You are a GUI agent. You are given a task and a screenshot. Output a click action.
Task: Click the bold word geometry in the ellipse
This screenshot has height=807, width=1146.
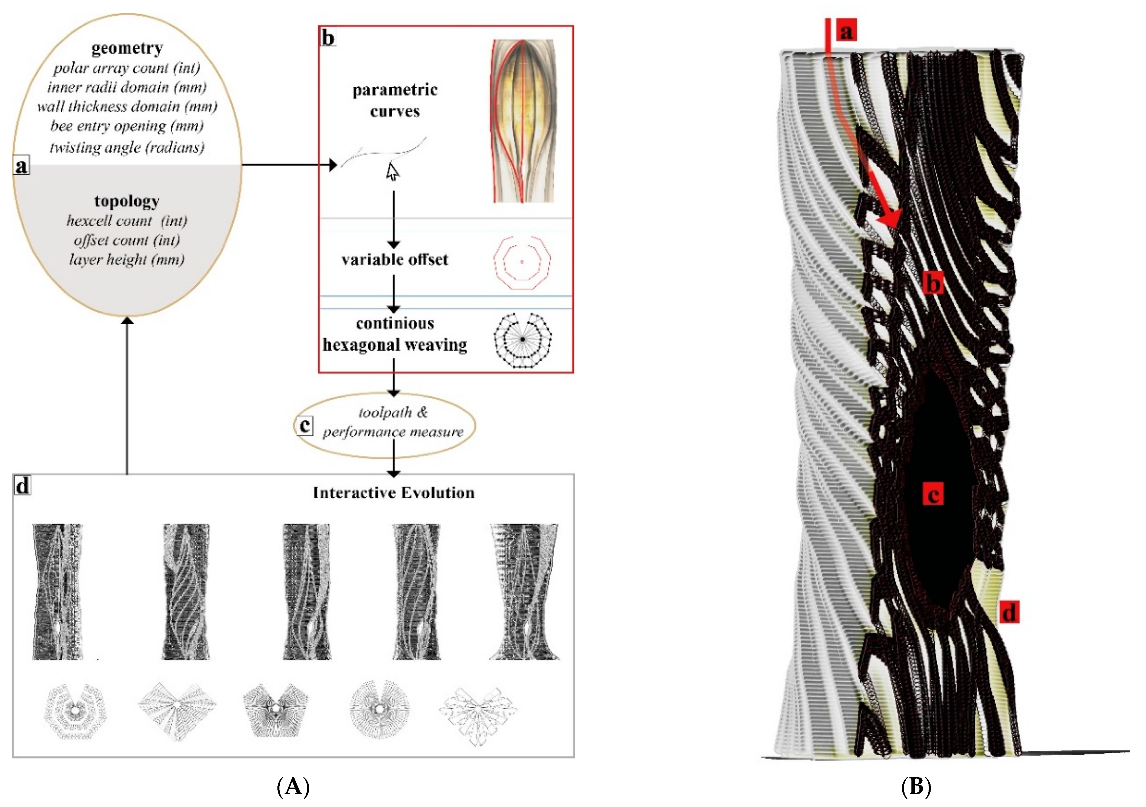pos(127,48)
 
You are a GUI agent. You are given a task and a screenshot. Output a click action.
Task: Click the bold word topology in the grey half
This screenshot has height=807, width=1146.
pos(127,201)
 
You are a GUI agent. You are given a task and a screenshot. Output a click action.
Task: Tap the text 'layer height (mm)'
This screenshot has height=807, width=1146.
pos(127,259)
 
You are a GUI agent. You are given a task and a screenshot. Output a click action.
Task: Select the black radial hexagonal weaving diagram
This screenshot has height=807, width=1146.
pos(522,340)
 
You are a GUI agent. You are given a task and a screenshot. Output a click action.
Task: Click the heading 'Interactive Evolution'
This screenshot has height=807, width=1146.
pos(393,493)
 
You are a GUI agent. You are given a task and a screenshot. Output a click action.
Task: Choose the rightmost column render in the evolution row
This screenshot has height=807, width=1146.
pos(524,592)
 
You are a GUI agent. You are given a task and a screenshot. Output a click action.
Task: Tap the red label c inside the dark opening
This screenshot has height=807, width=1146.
pos(933,494)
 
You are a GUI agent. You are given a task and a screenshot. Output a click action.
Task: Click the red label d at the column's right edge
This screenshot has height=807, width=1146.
pos(1009,612)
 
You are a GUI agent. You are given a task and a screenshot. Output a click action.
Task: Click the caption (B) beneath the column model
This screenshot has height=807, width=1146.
pos(916,787)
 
